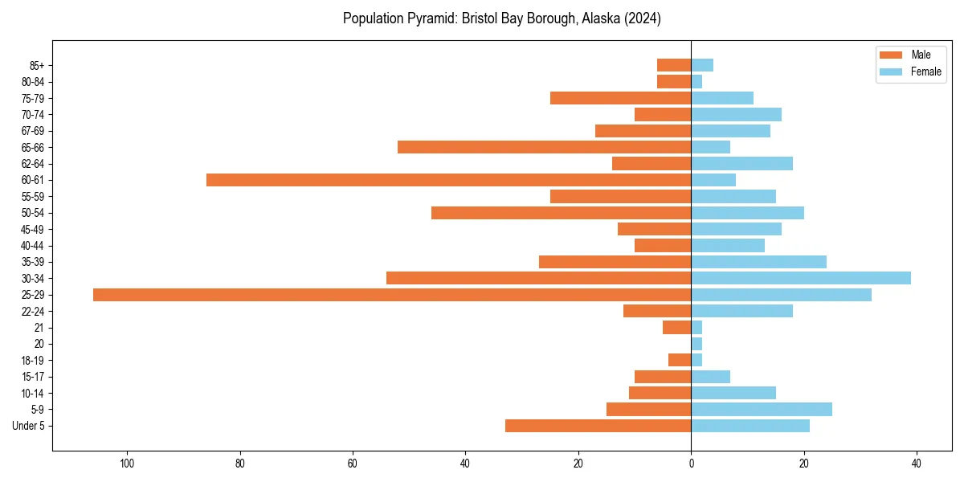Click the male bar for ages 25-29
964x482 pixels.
[x=392, y=295]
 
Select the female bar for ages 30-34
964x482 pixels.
[x=801, y=278]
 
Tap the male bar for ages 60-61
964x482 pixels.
[x=448, y=180]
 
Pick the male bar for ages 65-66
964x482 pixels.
[x=544, y=147]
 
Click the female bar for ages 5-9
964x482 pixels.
[x=762, y=409]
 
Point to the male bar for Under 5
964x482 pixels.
[x=598, y=426]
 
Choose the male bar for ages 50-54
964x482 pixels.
[x=561, y=213]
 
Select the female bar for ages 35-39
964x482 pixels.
[x=758, y=262]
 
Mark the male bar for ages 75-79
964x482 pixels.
[x=620, y=98]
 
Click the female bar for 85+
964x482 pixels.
[x=702, y=65]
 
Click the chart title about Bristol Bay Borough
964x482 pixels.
[x=502, y=18]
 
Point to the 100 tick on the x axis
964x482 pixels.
[x=126, y=464]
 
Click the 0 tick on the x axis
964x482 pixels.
[x=691, y=464]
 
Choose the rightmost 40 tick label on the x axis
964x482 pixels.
[x=917, y=464]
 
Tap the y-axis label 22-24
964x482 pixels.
[x=33, y=311]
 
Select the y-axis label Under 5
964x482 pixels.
[x=29, y=426]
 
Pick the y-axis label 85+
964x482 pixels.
[x=36, y=65]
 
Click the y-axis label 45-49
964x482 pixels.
[x=33, y=229]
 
